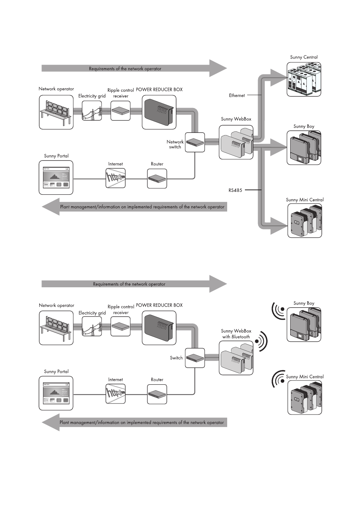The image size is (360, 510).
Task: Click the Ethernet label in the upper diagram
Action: (x=237, y=96)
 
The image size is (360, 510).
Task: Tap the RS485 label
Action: (x=235, y=190)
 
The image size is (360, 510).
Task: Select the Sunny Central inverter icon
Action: (x=304, y=79)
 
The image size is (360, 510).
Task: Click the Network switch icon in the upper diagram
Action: (x=195, y=142)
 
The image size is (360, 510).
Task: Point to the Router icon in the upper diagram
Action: (x=157, y=179)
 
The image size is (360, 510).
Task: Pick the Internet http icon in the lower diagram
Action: (x=115, y=394)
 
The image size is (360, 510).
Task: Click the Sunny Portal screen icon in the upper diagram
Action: (x=56, y=177)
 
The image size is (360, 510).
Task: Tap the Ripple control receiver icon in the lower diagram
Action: (x=121, y=326)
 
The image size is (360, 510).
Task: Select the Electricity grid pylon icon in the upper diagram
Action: (x=92, y=111)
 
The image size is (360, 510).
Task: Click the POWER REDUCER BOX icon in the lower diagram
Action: (x=159, y=328)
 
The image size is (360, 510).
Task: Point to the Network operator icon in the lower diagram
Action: (x=56, y=328)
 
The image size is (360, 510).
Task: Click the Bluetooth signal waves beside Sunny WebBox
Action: (x=261, y=341)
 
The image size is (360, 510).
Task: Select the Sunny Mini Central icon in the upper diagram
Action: (x=305, y=220)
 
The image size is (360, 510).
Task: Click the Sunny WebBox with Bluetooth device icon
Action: (x=236, y=358)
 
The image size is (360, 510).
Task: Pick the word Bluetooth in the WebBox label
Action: (x=240, y=337)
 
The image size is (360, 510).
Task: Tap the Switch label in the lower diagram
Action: (x=176, y=358)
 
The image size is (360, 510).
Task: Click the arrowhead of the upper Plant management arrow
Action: (x=51, y=206)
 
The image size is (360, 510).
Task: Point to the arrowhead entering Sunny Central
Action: (x=278, y=78)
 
